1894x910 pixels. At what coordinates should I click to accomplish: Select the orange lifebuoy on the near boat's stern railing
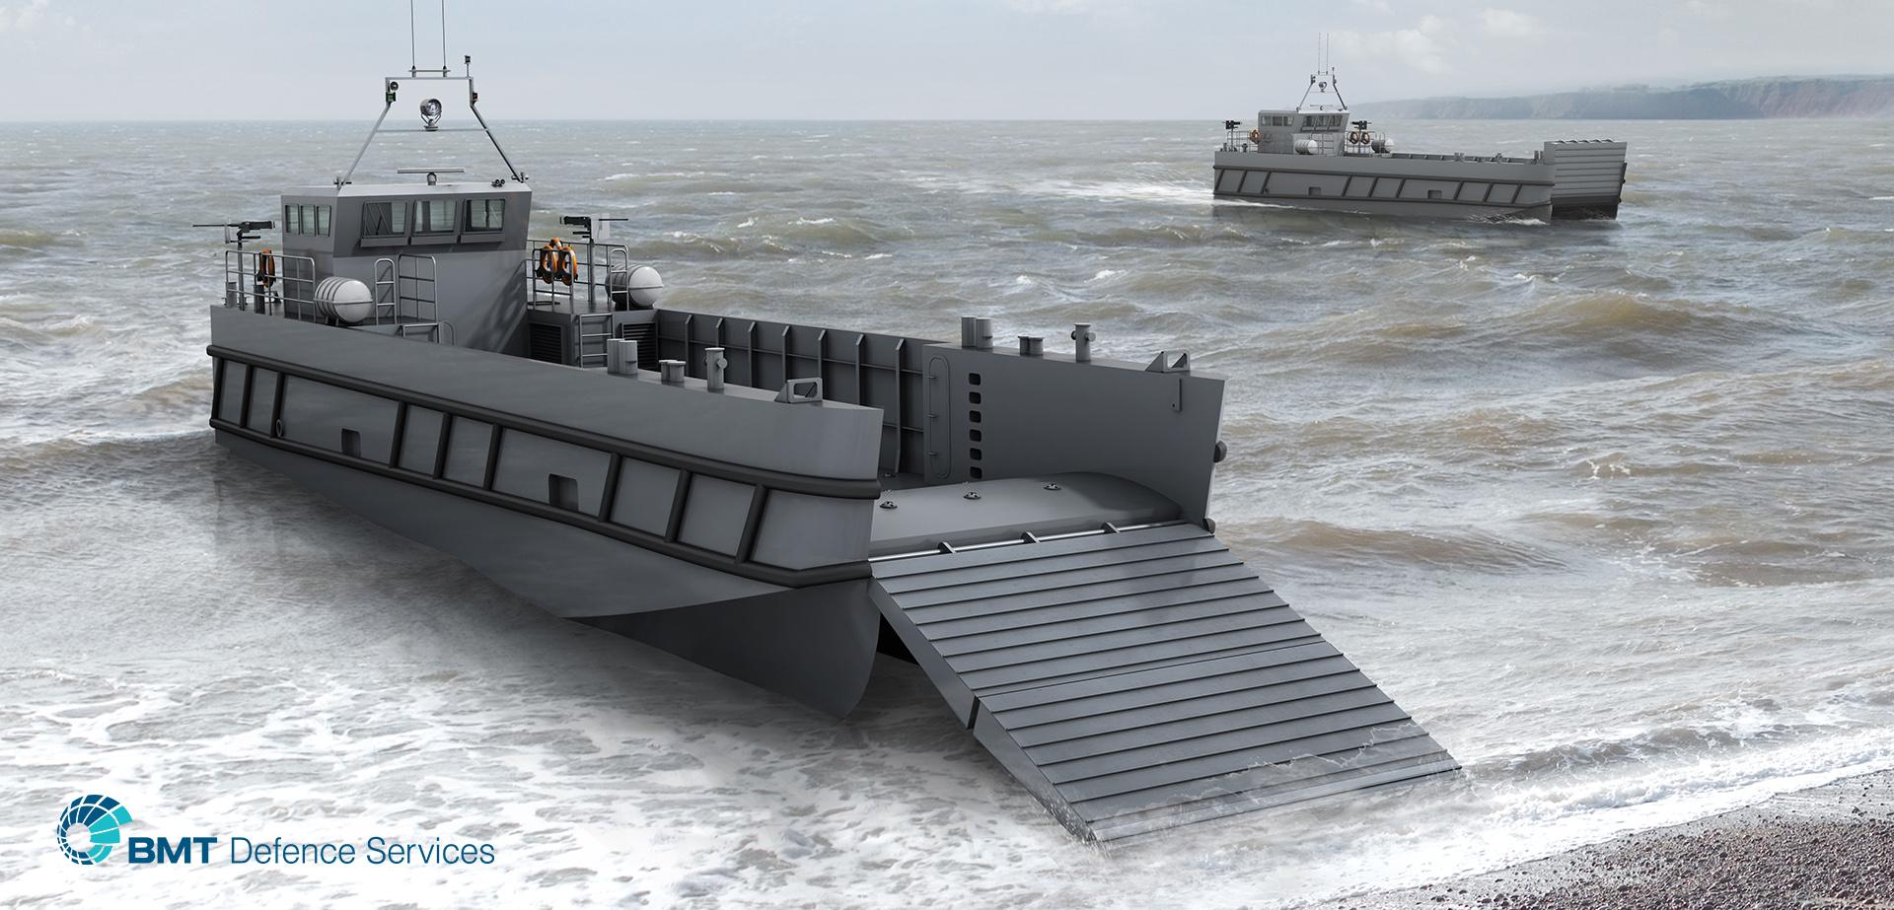click(264, 267)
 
